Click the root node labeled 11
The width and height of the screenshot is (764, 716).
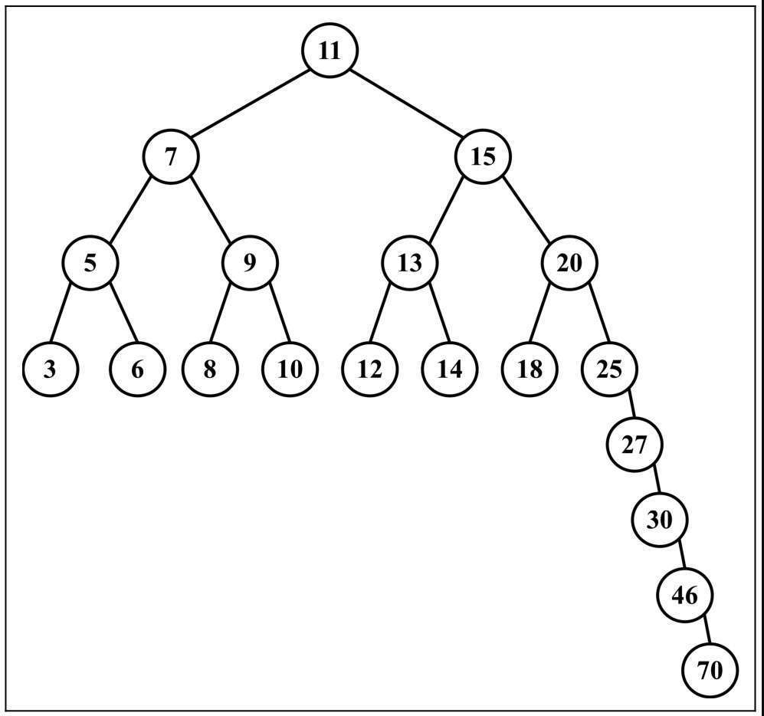330,50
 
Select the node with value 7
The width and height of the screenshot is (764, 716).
171,156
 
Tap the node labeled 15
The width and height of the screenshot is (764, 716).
483,156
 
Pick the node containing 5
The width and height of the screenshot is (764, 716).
90,263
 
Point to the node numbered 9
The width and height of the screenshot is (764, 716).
250,263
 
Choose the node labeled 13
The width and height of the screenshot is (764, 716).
410,263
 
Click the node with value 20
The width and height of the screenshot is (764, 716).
569,263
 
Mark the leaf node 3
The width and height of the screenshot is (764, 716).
50,369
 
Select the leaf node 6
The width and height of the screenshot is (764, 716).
138,369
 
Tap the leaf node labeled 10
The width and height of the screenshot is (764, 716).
290,369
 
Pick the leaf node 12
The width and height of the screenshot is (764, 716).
370,369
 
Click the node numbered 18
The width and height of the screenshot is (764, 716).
530,369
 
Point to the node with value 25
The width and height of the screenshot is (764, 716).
609,369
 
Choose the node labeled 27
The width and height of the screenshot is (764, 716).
634,444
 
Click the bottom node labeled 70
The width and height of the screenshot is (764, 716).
710,670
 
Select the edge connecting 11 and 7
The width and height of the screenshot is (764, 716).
251,103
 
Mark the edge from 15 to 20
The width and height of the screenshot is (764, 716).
526,209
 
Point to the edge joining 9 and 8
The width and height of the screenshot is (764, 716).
220,312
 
